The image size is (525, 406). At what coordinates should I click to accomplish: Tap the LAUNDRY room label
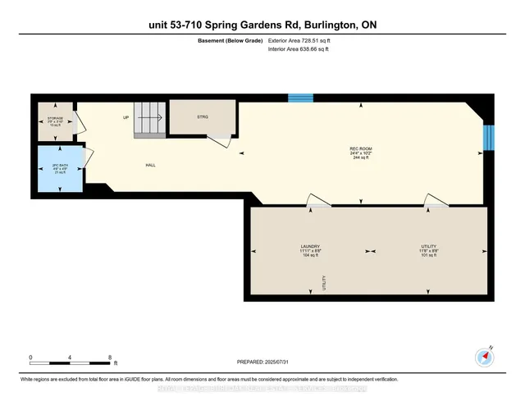coord(309,246)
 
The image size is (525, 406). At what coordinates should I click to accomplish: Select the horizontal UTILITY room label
coord(426,246)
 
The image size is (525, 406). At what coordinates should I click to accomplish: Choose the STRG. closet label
coord(202,117)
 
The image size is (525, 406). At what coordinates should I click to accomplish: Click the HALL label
coord(151,165)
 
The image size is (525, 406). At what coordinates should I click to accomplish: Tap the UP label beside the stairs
coord(126,118)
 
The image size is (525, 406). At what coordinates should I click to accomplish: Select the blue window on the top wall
coord(300,98)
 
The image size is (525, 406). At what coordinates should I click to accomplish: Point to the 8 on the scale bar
coord(110,358)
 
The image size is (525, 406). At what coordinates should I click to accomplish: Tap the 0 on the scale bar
coord(31,358)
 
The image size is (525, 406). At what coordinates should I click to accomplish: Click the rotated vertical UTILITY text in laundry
coord(324,283)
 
